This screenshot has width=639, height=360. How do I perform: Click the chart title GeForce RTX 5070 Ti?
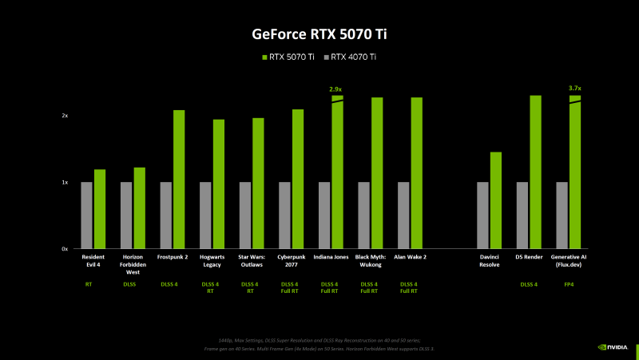pos(319,34)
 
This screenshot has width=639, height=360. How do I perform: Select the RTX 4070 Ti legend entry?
pos(353,57)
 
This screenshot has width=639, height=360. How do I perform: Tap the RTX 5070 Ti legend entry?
pos(290,57)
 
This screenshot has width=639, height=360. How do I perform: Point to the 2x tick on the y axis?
pos(65,116)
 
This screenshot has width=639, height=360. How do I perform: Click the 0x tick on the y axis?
pos(65,249)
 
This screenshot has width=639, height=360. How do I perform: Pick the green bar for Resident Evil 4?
pos(100,209)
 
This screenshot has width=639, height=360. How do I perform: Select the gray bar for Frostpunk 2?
pos(166,216)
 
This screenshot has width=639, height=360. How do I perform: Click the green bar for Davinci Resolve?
pos(496,200)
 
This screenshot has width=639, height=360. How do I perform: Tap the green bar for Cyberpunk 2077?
pos(298,179)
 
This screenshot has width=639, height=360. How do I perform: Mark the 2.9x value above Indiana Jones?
pos(335,89)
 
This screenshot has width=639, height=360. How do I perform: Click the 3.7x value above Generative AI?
pos(574,89)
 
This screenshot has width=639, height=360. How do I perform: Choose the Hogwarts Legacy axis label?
pos(212,260)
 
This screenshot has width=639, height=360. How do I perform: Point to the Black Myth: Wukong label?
pos(371,260)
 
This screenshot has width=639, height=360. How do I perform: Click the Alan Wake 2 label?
pos(410,257)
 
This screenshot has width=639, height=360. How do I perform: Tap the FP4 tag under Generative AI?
pos(568,283)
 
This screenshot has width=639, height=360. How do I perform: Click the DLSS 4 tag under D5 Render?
pos(529,283)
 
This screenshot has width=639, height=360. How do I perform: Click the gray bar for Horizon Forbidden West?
pos(126,216)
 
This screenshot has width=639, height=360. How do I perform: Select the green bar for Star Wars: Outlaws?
pos(258,184)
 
